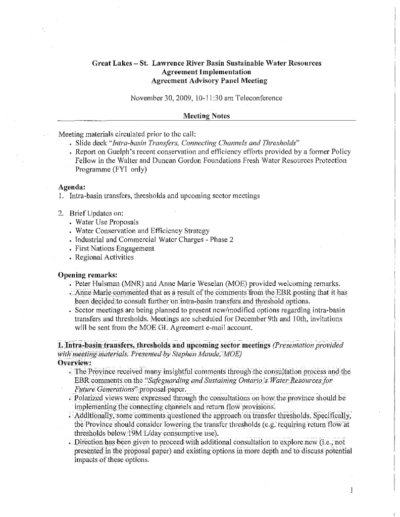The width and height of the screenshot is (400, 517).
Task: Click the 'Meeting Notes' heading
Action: (206, 117)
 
